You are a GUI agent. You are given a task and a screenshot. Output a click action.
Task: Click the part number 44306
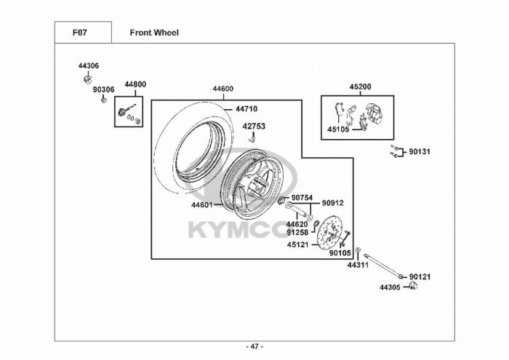click(x=88, y=65)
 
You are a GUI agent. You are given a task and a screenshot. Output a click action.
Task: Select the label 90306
click(x=103, y=89)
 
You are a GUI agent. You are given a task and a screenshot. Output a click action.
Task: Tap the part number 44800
click(x=135, y=84)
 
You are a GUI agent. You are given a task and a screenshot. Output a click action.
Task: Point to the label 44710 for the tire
click(x=246, y=109)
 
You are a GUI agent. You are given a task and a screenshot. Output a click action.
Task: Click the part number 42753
click(x=254, y=126)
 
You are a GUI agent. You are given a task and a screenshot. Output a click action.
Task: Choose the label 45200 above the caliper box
click(x=360, y=87)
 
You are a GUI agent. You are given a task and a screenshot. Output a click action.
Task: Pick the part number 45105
click(x=338, y=131)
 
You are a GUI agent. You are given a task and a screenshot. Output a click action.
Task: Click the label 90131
click(x=420, y=152)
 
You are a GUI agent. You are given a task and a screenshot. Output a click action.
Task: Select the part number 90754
click(x=302, y=198)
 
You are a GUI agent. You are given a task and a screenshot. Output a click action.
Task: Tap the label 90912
click(x=333, y=203)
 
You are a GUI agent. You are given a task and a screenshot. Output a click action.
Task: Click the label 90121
click(x=420, y=276)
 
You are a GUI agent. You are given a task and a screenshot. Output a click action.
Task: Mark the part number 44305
click(x=390, y=287)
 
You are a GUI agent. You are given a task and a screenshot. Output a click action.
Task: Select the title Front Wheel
click(x=154, y=33)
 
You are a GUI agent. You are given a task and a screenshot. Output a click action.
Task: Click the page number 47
click(x=254, y=345)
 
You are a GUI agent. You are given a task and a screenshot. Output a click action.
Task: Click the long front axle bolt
click(x=383, y=263)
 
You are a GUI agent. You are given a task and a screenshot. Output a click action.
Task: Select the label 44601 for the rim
click(x=202, y=205)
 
